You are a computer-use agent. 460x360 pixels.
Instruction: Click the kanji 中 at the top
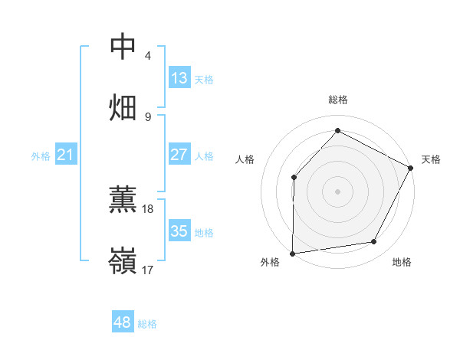[123, 47]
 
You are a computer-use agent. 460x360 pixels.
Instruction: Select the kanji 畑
[123, 107]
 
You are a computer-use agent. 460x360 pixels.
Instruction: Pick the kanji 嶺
[123, 260]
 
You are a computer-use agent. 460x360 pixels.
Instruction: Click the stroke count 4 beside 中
[148, 56]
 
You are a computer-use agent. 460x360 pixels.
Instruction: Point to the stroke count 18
[148, 208]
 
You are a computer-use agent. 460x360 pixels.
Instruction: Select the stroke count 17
[148, 270]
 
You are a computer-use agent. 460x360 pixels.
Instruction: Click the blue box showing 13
[179, 78]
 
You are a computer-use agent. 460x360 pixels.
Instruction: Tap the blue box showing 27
[179, 155]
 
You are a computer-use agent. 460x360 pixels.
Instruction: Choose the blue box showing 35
[179, 231]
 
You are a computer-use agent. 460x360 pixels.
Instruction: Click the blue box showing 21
[66, 155]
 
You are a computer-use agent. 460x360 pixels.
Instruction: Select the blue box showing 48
[122, 322]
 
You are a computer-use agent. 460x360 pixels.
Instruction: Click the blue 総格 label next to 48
[147, 324]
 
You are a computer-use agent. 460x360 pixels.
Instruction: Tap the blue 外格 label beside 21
[41, 156]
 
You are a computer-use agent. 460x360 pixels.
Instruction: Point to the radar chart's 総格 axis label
[338, 100]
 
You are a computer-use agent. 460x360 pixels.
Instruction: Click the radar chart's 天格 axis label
[431, 159]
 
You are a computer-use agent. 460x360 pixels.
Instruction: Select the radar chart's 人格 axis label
[245, 159]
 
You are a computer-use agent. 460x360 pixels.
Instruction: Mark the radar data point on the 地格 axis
[374, 242]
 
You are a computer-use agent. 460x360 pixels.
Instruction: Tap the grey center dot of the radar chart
[337, 191]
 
